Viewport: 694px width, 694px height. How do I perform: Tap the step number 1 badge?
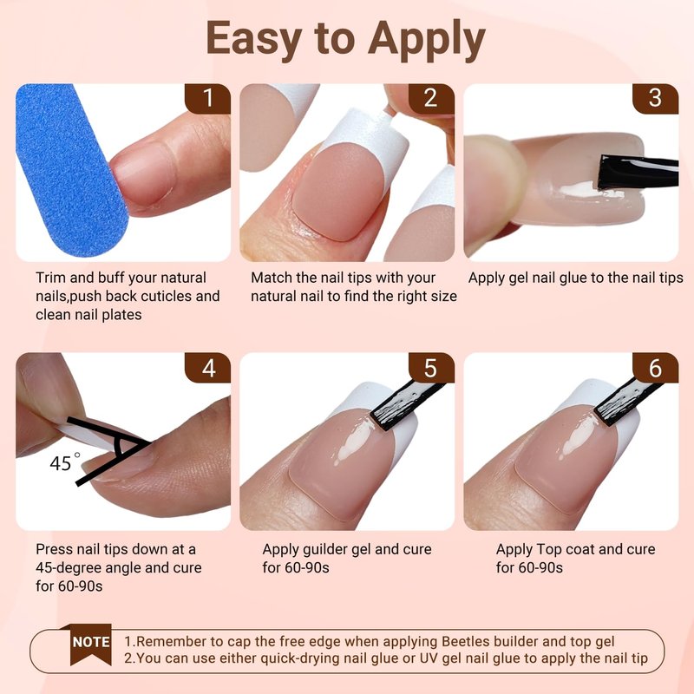[207, 99]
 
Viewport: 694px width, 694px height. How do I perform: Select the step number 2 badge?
[431, 99]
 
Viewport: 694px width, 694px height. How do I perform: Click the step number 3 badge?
[655, 99]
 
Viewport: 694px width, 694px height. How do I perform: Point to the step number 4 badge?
[207, 368]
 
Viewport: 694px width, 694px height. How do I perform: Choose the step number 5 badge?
[431, 368]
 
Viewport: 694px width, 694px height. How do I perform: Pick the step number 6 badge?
[655, 368]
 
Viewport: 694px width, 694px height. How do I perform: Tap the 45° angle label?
[64, 462]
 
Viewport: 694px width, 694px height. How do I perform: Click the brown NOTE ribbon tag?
[91, 644]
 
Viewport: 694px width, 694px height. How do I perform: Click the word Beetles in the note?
[466, 641]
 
